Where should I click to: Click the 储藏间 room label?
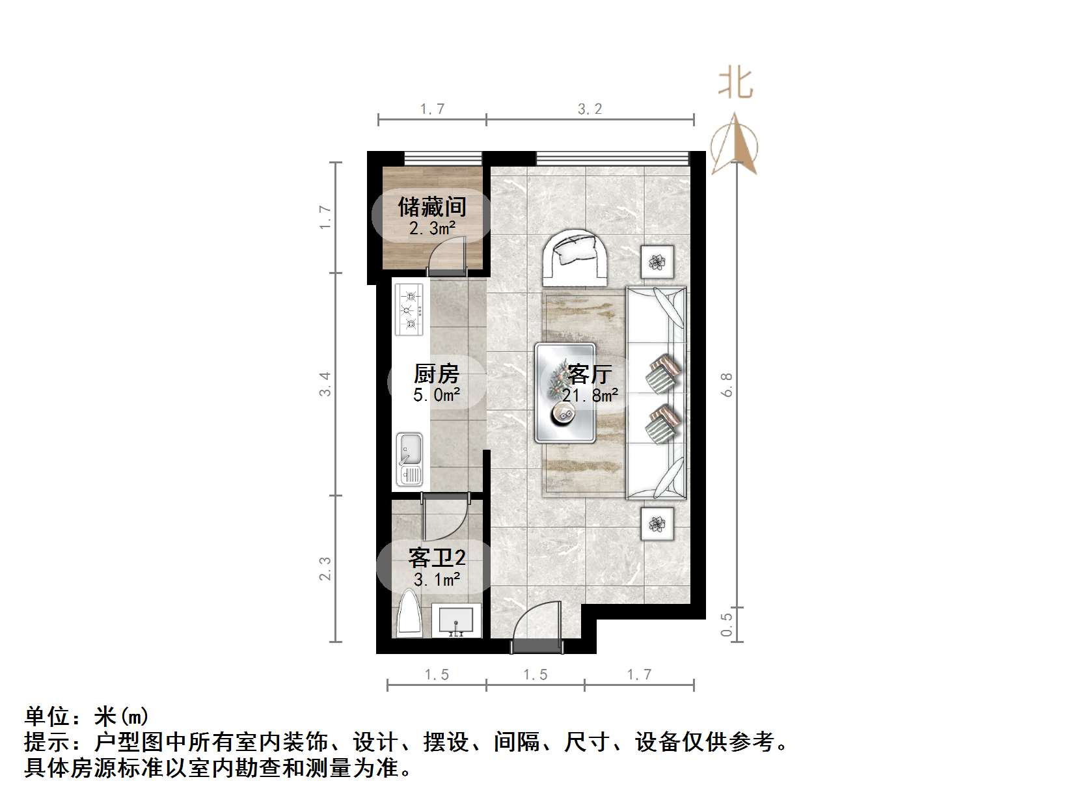[x=432, y=207]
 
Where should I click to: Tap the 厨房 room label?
[x=436, y=374]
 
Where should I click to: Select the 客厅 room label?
[x=589, y=374]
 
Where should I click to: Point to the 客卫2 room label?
[x=437, y=558]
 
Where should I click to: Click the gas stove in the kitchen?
[x=409, y=310]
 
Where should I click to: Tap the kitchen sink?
[x=410, y=459]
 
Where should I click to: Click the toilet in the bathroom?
[x=410, y=613]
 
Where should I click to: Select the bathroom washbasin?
[x=457, y=620]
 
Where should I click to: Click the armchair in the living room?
[x=576, y=258]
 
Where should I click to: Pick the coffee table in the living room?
[x=565, y=393]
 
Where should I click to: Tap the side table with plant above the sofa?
[x=657, y=262]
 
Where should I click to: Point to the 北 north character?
[x=735, y=83]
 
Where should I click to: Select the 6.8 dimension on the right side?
[x=727, y=385]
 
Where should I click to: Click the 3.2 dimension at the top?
[x=590, y=109]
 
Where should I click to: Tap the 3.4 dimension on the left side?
[x=325, y=384]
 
